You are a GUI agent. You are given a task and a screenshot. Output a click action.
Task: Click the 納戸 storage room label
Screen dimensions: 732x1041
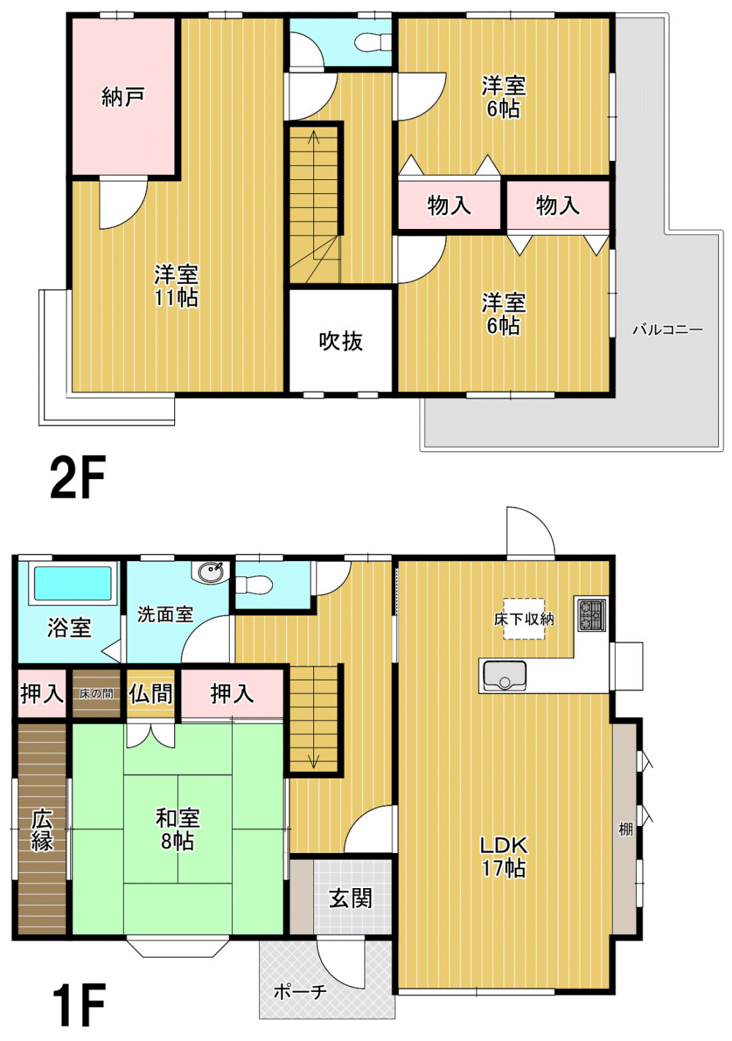tap(123, 97)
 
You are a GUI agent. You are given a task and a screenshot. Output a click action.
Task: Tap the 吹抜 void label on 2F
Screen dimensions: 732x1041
tap(340, 342)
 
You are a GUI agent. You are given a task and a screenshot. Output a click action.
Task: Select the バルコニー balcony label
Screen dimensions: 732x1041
tap(668, 330)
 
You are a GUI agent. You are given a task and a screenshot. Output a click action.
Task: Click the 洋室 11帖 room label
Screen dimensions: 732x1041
tap(176, 286)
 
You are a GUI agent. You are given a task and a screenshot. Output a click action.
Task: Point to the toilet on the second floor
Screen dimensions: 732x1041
tap(373, 42)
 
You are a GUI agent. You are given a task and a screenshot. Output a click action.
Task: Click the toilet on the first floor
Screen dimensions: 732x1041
tap(253, 585)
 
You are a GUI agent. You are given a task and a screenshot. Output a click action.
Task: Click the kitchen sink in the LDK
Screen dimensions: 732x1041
tap(504, 676)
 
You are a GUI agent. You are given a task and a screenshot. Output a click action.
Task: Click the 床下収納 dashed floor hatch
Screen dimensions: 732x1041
tap(524, 619)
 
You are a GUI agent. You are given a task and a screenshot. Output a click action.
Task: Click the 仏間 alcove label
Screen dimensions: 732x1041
tap(150, 694)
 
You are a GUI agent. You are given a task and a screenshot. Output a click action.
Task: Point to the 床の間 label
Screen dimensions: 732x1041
tap(96, 694)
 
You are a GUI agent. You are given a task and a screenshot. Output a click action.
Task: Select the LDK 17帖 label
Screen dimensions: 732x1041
tap(504, 857)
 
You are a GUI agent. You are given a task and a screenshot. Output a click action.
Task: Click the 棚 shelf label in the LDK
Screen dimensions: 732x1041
tap(626, 829)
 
